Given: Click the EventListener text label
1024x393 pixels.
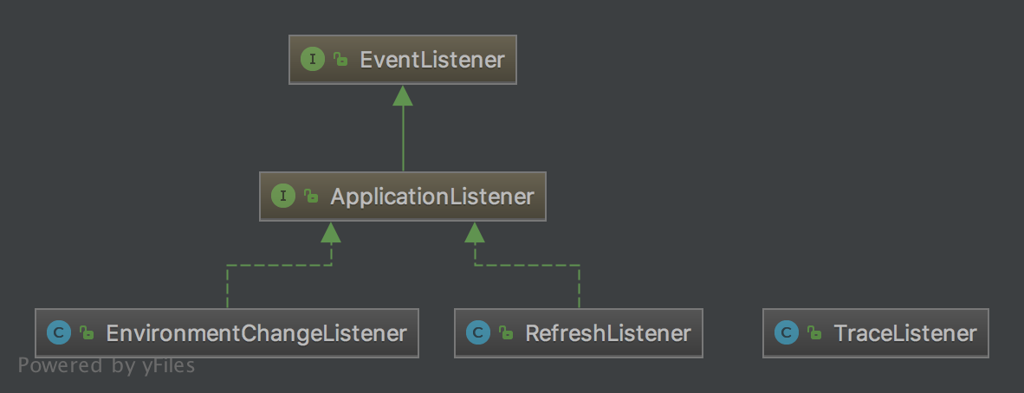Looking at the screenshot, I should [x=431, y=60].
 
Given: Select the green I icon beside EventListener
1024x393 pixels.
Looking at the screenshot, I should [x=312, y=60].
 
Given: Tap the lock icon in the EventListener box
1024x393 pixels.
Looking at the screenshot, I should [x=341, y=60].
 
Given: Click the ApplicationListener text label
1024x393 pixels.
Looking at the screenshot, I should [x=431, y=196].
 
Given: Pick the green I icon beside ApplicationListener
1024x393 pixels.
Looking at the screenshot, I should [x=283, y=196].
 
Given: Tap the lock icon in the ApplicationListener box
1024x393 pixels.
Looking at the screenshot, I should [x=312, y=196].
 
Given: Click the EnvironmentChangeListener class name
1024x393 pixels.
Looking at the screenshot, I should [x=256, y=333].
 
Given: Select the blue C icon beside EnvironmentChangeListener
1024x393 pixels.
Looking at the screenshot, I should [x=59, y=333].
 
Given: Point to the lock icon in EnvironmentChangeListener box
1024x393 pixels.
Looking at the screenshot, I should [x=87, y=333].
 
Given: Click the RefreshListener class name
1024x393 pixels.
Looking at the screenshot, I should [x=607, y=333].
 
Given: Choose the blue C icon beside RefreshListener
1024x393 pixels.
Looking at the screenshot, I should [x=477, y=333].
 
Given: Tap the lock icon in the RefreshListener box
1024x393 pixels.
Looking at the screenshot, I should [x=506, y=333].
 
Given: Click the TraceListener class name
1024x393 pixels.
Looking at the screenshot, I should [x=904, y=333].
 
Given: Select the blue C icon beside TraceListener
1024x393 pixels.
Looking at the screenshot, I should [x=786, y=333].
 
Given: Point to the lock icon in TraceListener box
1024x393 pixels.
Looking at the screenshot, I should [x=814, y=333].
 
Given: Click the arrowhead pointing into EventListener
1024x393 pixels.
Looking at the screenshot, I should [x=402, y=96].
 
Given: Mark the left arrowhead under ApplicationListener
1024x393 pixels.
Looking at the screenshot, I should [x=331, y=232].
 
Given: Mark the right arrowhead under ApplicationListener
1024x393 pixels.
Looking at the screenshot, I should [x=474, y=232].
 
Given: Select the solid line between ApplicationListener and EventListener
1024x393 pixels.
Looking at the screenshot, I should [x=402, y=139].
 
